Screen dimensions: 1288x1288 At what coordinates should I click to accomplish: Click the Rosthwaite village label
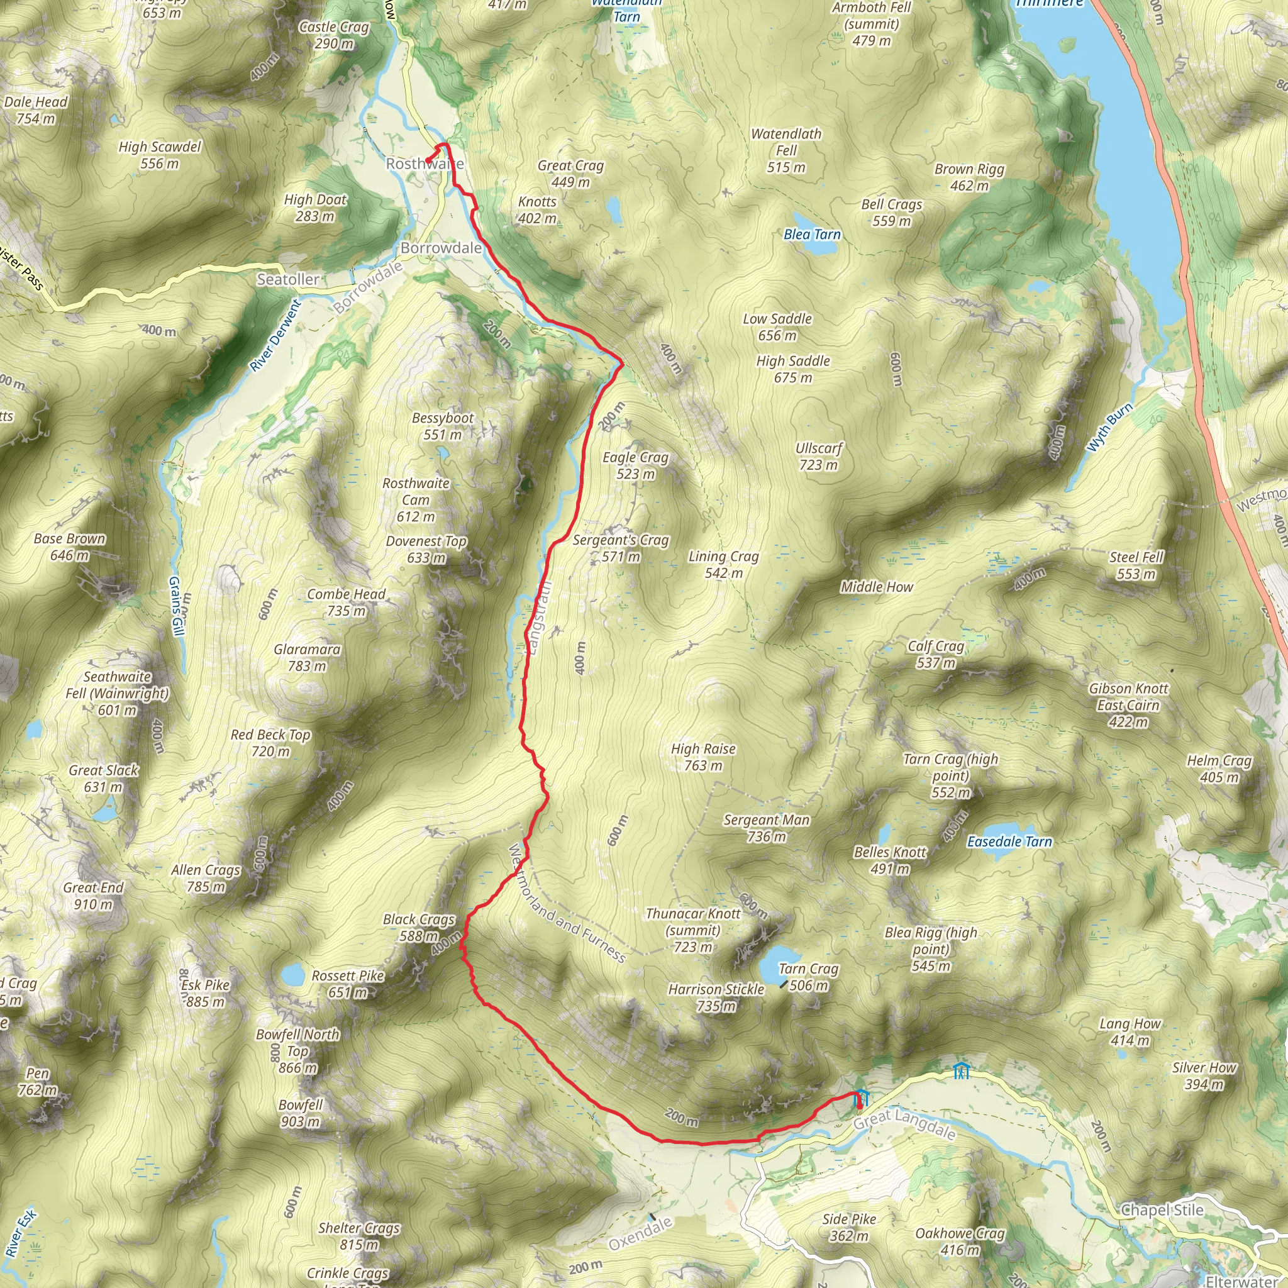point(425,164)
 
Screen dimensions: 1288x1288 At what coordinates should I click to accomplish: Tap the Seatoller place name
point(288,279)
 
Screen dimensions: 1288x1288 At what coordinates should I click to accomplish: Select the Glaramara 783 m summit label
point(307,657)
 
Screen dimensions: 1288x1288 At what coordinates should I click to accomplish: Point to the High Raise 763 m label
point(703,757)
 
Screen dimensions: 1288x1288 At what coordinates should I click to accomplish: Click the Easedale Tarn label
point(1009,842)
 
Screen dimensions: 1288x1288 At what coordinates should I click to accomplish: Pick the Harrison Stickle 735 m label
point(716,997)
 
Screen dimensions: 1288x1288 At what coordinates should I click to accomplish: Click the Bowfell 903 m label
point(300,1113)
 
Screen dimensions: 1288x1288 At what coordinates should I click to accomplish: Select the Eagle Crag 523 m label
point(635,465)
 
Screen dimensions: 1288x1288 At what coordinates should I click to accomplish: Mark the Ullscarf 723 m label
point(819,457)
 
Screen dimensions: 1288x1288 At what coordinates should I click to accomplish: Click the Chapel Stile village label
point(1162,1210)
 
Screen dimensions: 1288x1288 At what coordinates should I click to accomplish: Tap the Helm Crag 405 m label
point(1219,769)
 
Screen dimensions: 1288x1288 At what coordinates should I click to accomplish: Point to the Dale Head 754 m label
point(36,110)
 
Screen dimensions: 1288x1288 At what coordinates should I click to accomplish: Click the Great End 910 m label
point(93,896)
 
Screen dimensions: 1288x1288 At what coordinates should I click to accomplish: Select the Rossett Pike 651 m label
point(348,984)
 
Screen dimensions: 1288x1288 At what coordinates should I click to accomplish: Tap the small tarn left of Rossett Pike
point(292,975)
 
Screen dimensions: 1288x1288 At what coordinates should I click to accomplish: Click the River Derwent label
point(275,335)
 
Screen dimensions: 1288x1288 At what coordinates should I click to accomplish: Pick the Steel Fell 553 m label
point(1136,565)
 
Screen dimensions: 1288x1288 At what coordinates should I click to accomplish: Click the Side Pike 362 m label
point(849,1228)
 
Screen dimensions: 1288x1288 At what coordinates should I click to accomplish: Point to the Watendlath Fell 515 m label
point(786,151)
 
